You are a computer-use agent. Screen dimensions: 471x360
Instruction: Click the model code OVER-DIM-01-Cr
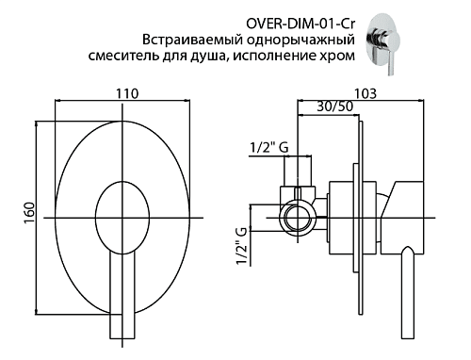(301, 24)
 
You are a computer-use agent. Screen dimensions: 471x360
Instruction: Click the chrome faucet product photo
(384, 43)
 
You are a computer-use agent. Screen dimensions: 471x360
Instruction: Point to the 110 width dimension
(127, 93)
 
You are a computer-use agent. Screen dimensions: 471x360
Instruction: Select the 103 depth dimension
(365, 93)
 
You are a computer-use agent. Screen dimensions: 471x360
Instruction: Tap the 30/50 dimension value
(334, 106)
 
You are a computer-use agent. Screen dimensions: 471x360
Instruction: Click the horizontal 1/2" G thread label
(268, 147)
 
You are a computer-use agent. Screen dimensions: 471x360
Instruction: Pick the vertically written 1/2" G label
(241, 246)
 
